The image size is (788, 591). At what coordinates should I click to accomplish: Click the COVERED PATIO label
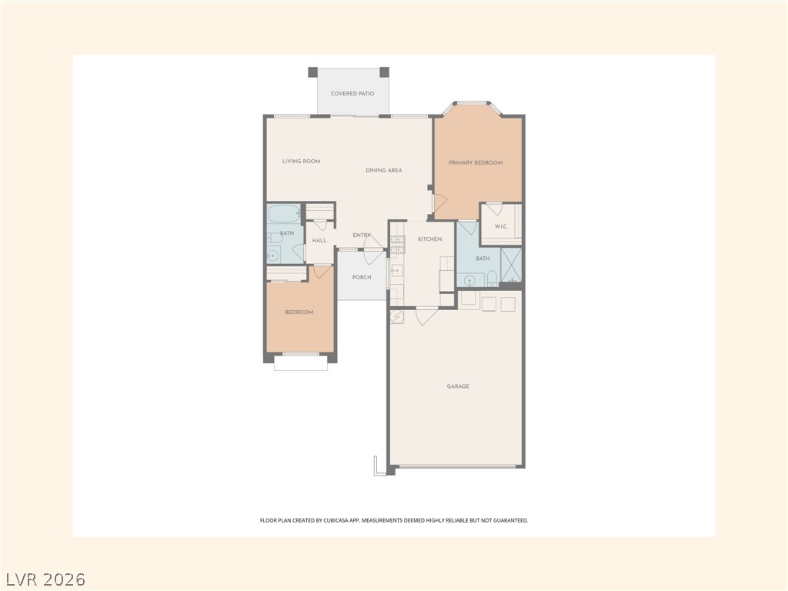(x=352, y=93)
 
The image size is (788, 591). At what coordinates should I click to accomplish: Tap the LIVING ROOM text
(x=301, y=162)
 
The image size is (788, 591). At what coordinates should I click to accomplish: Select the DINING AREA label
(x=384, y=170)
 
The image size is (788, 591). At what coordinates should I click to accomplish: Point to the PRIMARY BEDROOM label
(x=476, y=163)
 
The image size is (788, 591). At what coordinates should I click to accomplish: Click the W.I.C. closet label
(x=501, y=227)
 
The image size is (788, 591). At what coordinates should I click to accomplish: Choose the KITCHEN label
(x=429, y=239)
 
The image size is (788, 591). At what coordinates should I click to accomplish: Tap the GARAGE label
(x=458, y=386)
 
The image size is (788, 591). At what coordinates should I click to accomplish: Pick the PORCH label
(x=362, y=277)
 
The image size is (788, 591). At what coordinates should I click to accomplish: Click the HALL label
(x=319, y=241)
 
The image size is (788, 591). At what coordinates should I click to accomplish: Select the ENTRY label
(x=362, y=235)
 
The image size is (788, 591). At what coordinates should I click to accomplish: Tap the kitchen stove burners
(x=398, y=245)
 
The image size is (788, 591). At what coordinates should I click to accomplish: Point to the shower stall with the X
(x=512, y=265)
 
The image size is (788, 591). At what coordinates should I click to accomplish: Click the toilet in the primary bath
(x=492, y=278)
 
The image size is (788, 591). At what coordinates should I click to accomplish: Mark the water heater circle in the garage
(x=397, y=317)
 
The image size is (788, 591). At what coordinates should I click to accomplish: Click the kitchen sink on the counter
(x=396, y=270)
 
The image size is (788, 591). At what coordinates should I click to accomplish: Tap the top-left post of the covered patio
(x=312, y=72)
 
